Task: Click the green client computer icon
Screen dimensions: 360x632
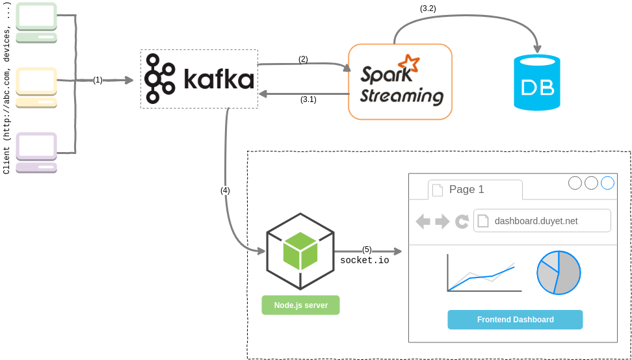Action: pyautogui.click(x=36, y=23)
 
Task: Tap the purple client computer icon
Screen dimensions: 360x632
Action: pyautogui.click(x=36, y=152)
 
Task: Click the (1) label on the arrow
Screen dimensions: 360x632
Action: pyautogui.click(x=98, y=80)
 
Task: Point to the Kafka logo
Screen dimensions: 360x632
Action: pyautogui.click(x=199, y=79)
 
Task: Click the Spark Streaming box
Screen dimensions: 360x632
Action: pyautogui.click(x=400, y=81)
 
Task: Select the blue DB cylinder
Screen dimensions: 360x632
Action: pyautogui.click(x=537, y=83)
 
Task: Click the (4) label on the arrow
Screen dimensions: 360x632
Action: pyautogui.click(x=225, y=190)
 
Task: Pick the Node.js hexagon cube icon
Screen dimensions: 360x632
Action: pyautogui.click(x=300, y=251)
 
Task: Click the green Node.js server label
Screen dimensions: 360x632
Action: pyautogui.click(x=300, y=305)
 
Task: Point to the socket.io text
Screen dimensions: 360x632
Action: pyautogui.click(x=365, y=261)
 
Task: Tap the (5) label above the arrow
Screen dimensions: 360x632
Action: pyautogui.click(x=367, y=250)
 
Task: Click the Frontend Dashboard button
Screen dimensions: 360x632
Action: pyautogui.click(x=515, y=320)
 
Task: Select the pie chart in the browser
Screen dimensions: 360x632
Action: pyautogui.click(x=558, y=272)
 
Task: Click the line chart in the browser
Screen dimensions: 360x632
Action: pyautogui.click(x=484, y=274)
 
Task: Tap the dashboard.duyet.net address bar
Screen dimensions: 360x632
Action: pyautogui.click(x=542, y=221)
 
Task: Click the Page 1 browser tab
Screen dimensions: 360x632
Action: pyautogui.click(x=475, y=190)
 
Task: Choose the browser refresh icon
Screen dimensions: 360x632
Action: pyautogui.click(x=462, y=222)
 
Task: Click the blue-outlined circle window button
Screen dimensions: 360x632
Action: pyautogui.click(x=607, y=183)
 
